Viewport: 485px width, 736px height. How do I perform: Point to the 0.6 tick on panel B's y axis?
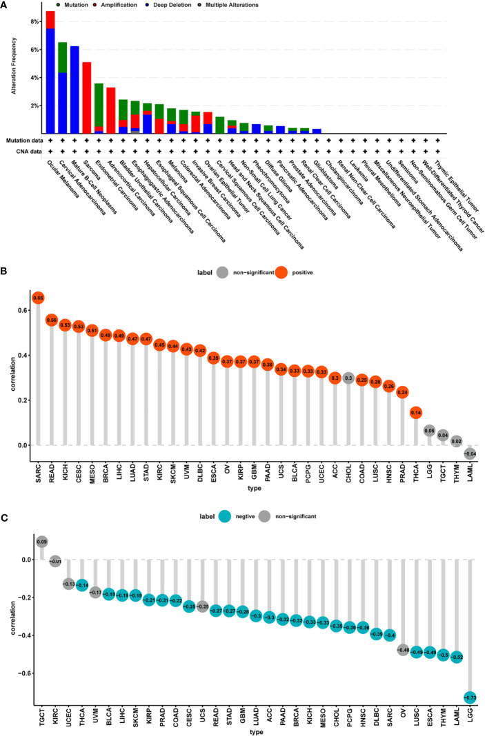[x=26, y=311]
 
